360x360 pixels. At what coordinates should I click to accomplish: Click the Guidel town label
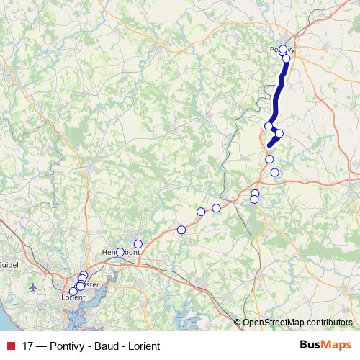point(9,265)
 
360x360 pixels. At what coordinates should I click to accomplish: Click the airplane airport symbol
point(34,287)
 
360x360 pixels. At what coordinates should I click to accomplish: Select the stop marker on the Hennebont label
point(120,252)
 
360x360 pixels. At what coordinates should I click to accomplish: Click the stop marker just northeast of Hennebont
point(138,244)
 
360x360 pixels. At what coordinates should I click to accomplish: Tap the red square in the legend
point(9,345)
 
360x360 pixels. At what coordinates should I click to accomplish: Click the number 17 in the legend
point(28,345)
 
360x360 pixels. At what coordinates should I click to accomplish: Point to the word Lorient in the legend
point(143,345)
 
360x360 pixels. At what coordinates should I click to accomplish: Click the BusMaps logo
point(326,345)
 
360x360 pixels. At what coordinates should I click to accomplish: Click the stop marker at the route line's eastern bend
point(279,133)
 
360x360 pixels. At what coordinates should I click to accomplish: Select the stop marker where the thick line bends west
point(269,126)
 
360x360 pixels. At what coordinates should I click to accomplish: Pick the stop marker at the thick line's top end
point(283,50)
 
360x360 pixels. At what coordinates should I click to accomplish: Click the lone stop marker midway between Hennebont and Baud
point(181,230)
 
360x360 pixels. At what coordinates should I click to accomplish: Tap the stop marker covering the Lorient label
point(73,292)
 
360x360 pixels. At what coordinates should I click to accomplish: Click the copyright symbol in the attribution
point(238,323)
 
